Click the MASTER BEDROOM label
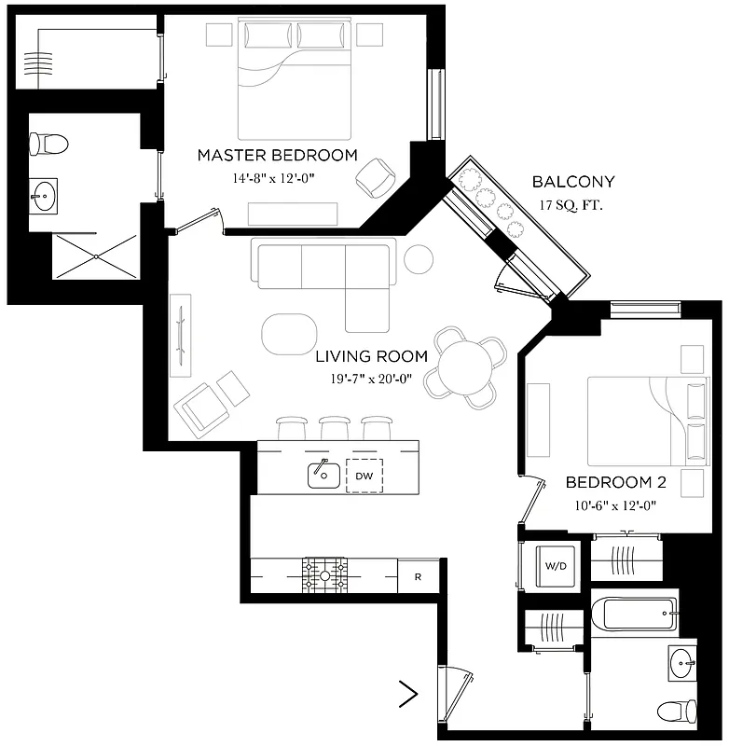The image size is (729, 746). [277, 155]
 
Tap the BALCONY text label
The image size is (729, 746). [572, 182]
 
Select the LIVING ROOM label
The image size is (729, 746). [371, 356]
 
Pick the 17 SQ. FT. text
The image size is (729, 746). [571, 205]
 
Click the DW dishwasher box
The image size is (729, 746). [364, 476]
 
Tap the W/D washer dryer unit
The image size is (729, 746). [556, 565]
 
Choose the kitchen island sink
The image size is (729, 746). [323, 474]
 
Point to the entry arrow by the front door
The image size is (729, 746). [407, 693]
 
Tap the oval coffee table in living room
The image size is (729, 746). [290, 334]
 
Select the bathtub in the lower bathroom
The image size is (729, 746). [637, 613]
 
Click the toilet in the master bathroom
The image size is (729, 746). [48, 144]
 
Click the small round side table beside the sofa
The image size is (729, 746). [418, 258]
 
